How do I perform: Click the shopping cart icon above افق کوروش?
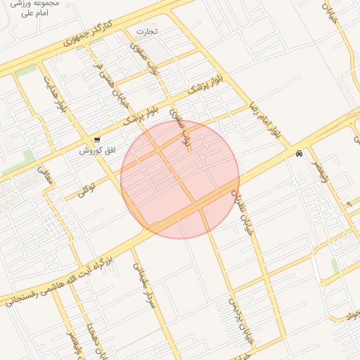[x=96, y=139]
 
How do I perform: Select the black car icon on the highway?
[x=299, y=153]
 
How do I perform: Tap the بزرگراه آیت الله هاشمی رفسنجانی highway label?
[x=70, y=278]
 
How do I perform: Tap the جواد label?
[x=351, y=316]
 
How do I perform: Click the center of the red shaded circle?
[x=180, y=180]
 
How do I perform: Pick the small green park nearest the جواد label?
[x=335, y=266]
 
